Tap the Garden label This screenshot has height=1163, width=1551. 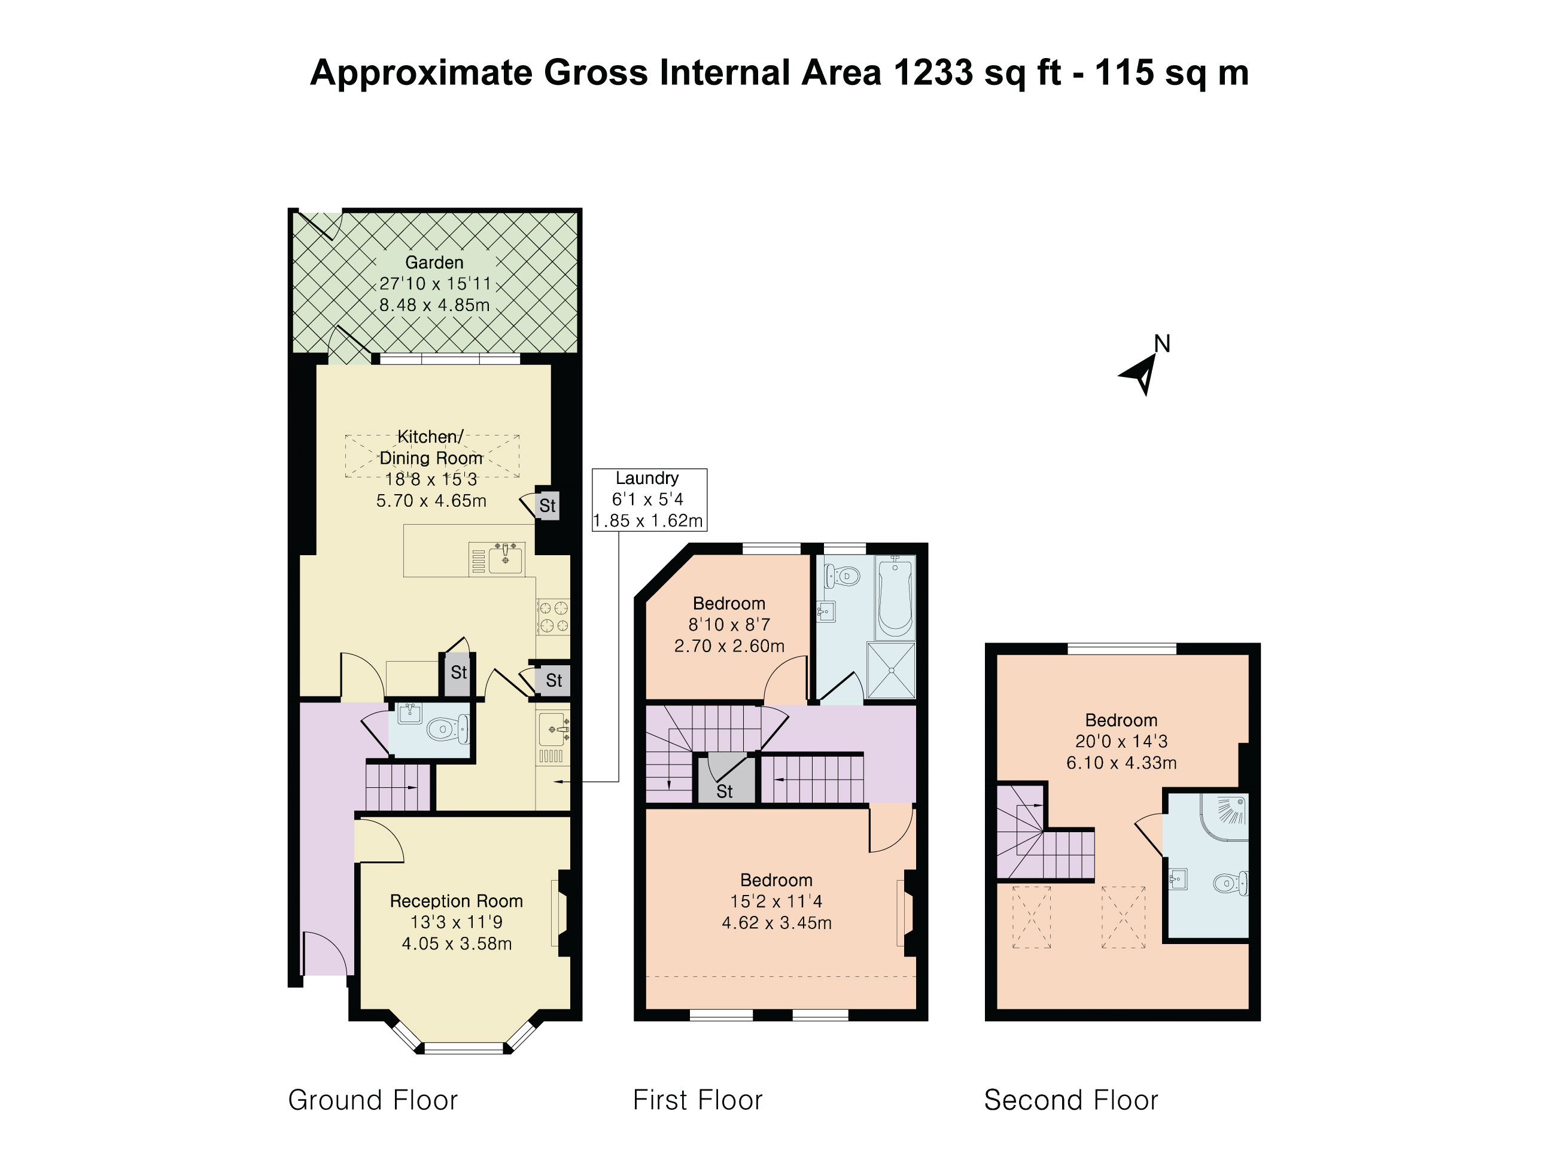[x=434, y=262]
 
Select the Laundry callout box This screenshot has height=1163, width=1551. [x=649, y=499]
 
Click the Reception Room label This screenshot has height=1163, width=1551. [x=457, y=901]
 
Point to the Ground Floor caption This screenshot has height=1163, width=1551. [x=372, y=1100]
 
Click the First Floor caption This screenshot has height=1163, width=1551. [x=697, y=1100]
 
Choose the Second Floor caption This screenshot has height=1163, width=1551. [x=1071, y=1100]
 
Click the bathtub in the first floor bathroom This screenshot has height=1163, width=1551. [x=895, y=596]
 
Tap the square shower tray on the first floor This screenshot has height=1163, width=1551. [x=891, y=670]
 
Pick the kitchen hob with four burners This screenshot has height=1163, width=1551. [x=554, y=617]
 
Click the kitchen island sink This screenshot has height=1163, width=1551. [x=505, y=559]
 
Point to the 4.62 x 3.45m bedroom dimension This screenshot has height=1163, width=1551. [x=777, y=923]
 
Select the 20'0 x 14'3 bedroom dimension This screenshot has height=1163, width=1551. [x=1121, y=741]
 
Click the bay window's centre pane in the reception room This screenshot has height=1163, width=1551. [x=464, y=1049]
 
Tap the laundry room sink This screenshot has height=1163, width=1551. [x=554, y=730]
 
